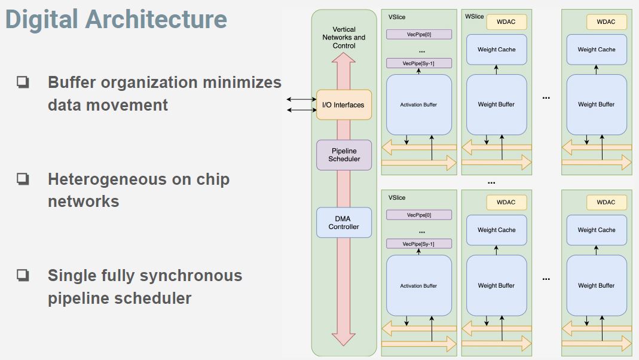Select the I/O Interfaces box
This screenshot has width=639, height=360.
click(343, 105)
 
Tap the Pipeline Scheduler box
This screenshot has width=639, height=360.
click(344, 155)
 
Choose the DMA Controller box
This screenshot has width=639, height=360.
click(344, 222)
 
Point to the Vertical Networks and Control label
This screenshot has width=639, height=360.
click(344, 37)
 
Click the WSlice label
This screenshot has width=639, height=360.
click(475, 17)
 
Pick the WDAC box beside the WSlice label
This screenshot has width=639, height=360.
click(506, 22)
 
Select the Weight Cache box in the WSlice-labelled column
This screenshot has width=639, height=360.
click(496, 50)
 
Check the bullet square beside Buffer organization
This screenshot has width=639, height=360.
click(23, 82)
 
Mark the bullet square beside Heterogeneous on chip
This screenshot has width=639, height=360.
click(23, 179)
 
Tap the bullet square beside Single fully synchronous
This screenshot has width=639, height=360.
click(23, 275)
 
